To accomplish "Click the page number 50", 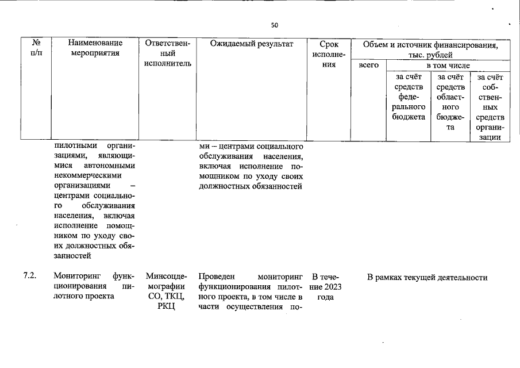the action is (274, 25).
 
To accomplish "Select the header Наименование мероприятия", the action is (95, 48).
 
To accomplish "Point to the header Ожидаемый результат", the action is (251, 44).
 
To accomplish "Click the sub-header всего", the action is (368, 66).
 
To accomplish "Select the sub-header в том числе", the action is (448, 66).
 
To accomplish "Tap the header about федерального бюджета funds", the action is (409, 97).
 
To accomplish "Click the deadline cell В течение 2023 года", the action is (325, 287).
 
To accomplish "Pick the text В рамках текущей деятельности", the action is (427, 278).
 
